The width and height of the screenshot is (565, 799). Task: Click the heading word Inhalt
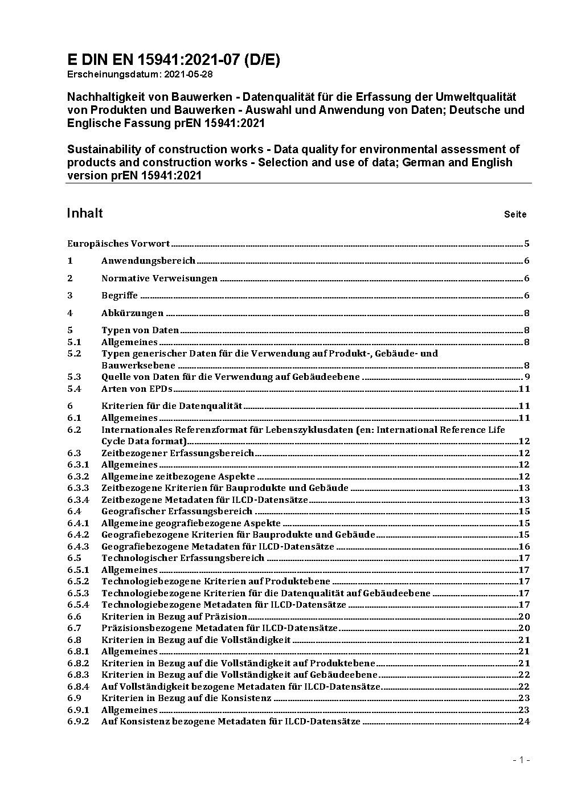point(85,213)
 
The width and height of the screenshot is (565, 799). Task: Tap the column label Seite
point(515,215)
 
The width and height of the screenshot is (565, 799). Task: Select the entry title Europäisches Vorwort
point(118,244)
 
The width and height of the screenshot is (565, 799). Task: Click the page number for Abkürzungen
point(527,313)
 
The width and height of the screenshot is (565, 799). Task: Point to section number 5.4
point(74,389)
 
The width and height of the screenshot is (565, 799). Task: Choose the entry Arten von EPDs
point(137,389)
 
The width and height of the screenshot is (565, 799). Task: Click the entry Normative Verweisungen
point(159,278)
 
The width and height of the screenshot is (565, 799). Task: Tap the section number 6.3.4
point(78,499)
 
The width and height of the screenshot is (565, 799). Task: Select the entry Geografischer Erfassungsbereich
point(177,511)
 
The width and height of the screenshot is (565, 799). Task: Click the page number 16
point(524,546)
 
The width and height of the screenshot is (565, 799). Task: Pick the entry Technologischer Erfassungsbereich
point(183,558)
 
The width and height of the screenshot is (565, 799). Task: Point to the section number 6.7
point(74,628)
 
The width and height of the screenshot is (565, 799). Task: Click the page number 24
point(524,722)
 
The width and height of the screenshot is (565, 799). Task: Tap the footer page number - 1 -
point(521,760)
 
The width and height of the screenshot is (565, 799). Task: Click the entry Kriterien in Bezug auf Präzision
point(174,616)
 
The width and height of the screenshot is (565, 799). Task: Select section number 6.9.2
point(78,722)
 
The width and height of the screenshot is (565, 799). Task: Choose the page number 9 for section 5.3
point(527,377)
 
